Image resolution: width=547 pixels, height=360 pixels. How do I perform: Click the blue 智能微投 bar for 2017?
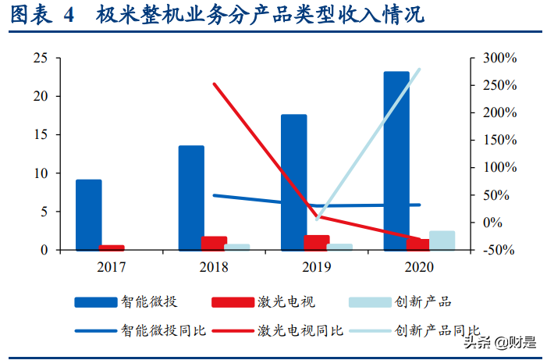pos(89,215)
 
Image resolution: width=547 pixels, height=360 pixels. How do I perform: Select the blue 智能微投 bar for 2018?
pos(191,198)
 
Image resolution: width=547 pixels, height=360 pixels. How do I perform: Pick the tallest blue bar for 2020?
pos(396,161)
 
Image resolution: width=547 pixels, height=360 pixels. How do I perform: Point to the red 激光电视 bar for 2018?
pos(214,243)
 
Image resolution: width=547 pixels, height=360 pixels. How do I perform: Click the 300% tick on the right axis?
pos(499,59)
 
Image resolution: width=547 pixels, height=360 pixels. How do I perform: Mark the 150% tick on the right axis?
pos(499,141)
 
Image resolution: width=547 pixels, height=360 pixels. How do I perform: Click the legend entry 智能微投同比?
pos(162,330)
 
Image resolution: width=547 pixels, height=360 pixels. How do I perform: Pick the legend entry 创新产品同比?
pos(437,330)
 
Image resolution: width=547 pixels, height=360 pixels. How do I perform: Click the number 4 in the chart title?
pos(69,16)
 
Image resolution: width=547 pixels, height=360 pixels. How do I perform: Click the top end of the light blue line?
pos(420,69)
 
